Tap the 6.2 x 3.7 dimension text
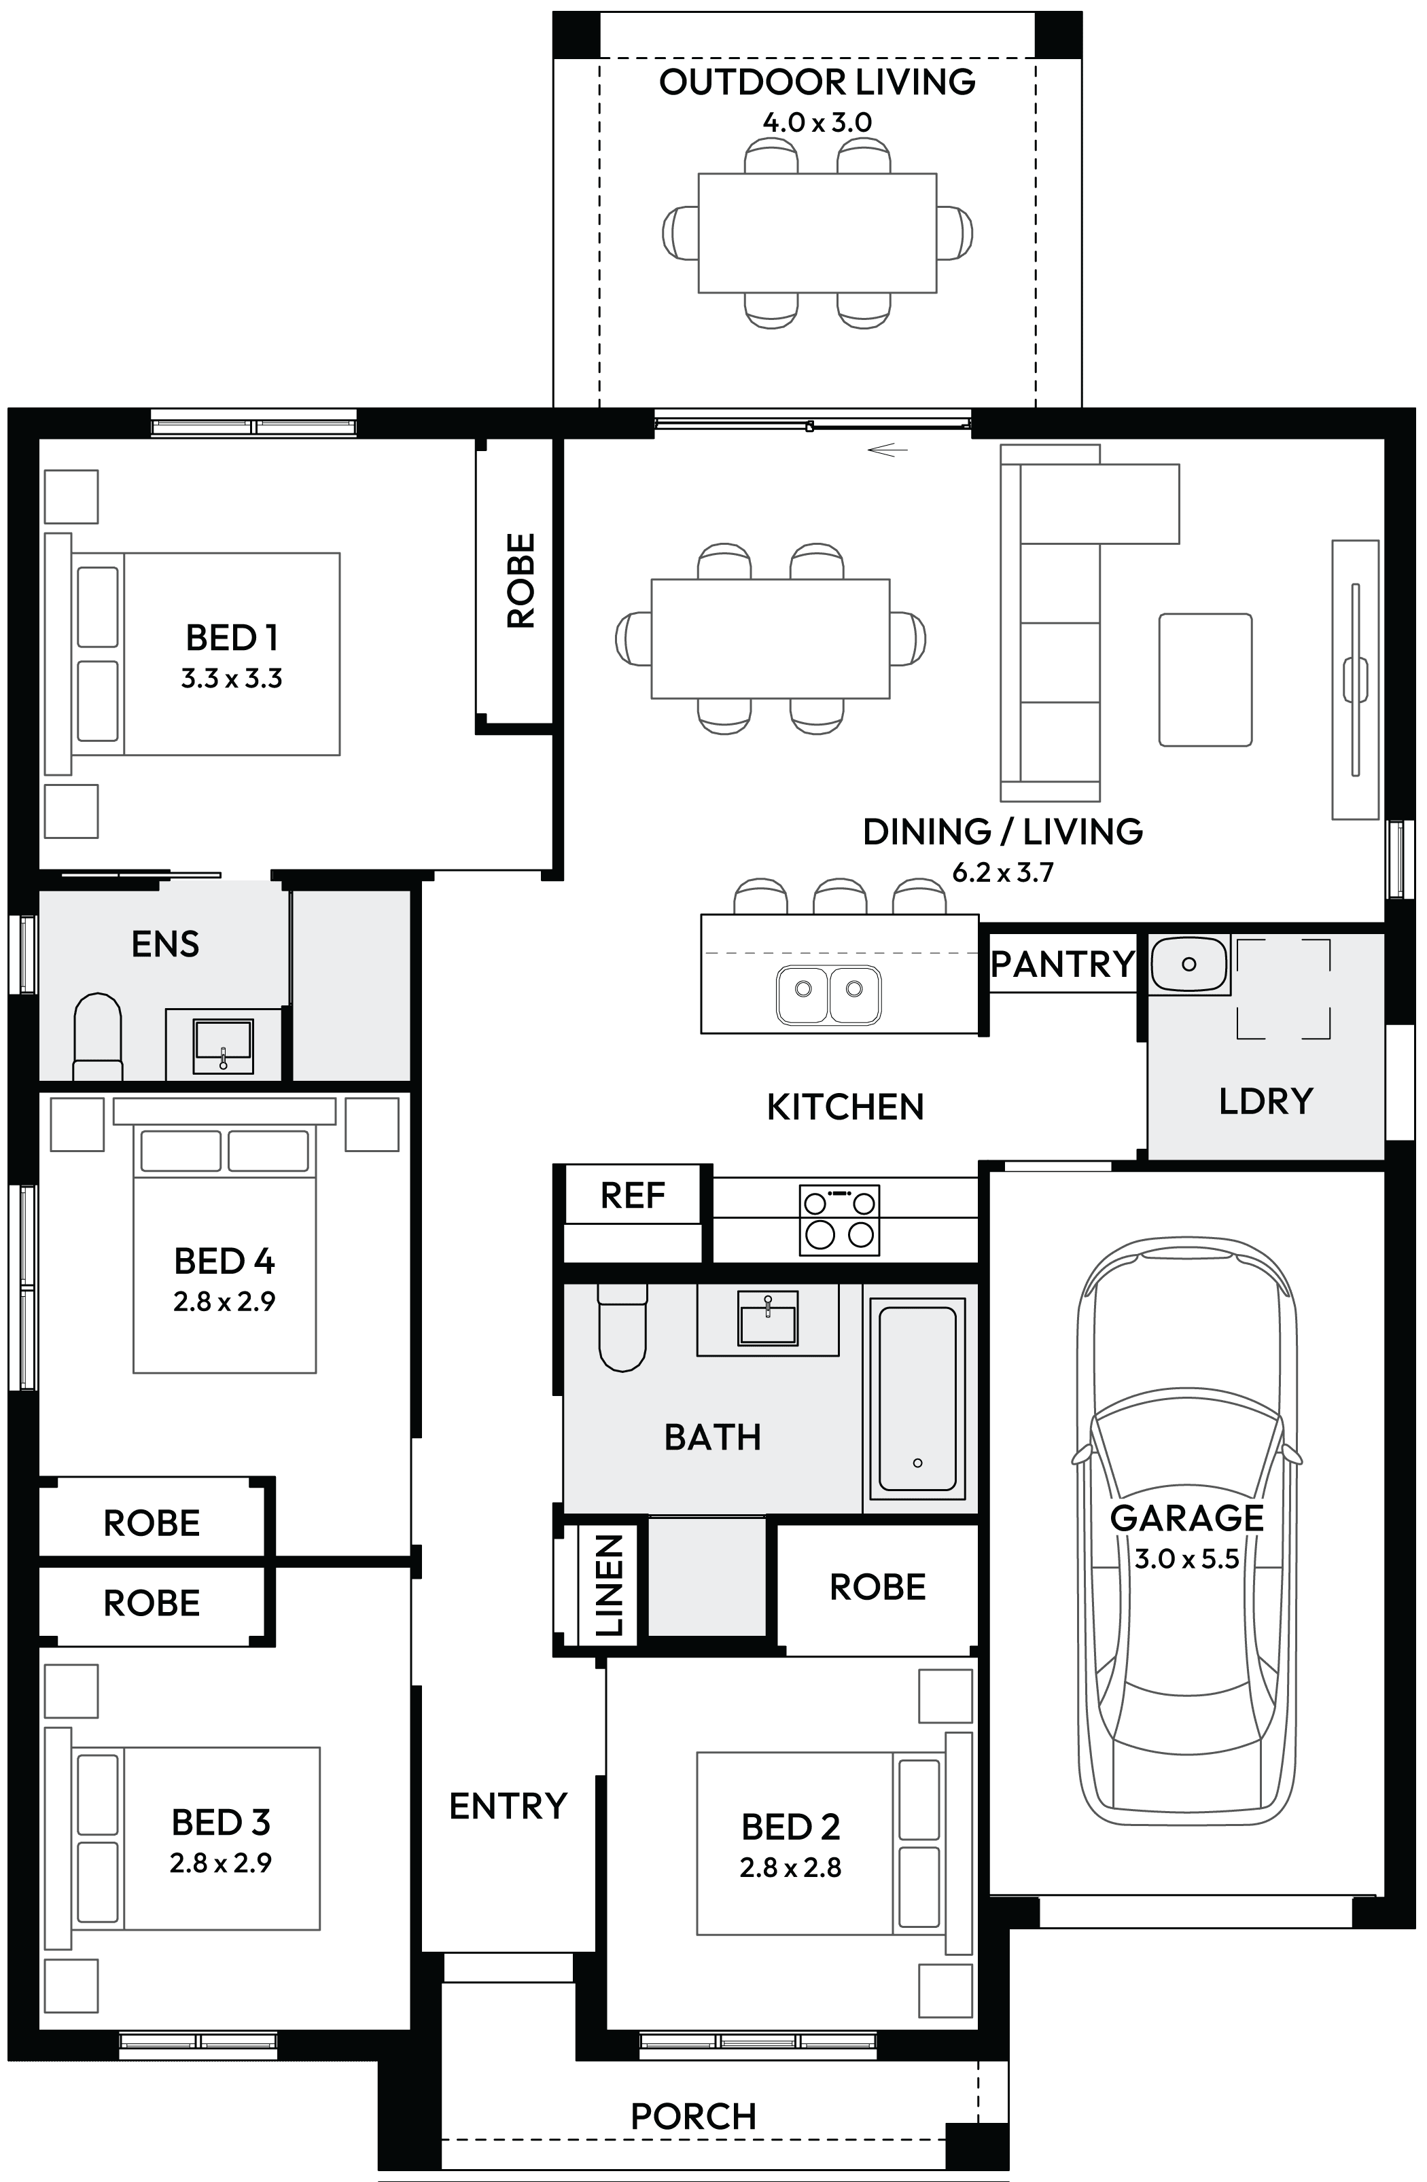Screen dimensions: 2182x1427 click(x=1002, y=872)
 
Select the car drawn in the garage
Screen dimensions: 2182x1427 click(x=1188, y=1531)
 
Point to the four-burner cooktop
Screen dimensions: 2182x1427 click(x=839, y=1219)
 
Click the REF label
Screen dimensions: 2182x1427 click(x=632, y=1196)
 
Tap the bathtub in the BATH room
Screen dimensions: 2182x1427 click(x=918, y=1398)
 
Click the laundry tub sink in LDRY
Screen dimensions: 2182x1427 click(x=1188, y=965)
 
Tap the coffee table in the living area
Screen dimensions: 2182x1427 click(x=1205, y=679)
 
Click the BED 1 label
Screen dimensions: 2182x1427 click(x=231, y=637)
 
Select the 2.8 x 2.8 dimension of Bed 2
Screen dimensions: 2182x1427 click(x=790, y=1867)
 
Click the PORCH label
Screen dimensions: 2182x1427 click(x=693, y=2117)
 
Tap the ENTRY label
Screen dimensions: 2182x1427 click(x=508, y=1806)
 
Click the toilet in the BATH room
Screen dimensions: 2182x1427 click(x=622, y=1329)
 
